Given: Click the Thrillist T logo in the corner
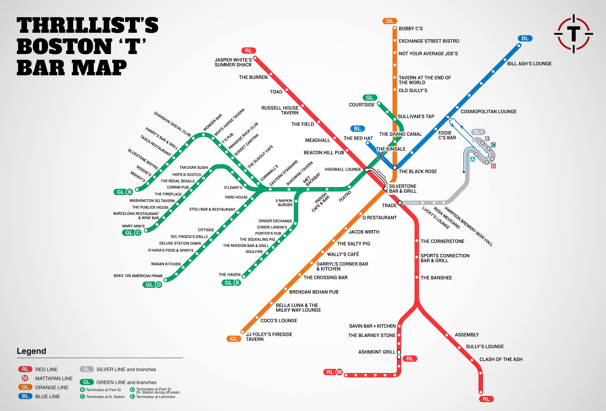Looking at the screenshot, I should point(573,34).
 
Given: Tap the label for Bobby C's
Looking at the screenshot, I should point(411,29).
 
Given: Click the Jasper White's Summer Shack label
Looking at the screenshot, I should point(233,62).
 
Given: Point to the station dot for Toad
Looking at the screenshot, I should point(287,90).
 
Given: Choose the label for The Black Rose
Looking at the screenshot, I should point(418,171).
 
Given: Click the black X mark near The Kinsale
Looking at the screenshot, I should point(381,156).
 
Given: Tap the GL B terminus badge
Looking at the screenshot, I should point(123,192).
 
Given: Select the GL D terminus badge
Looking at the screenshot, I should point(153,284).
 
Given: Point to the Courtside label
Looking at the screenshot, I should point(361,105).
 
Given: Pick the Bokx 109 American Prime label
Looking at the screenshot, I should point(138,276).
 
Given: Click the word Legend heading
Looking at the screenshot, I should point(31,351).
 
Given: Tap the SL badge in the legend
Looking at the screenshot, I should point(87,369).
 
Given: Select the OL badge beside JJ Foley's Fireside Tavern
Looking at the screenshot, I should point(234,339).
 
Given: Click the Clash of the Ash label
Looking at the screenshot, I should point(501,359).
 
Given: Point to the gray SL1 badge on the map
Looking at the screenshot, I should point(478,132).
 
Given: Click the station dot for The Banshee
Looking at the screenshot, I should point(417,277).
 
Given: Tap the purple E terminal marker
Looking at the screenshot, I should point(487,138).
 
